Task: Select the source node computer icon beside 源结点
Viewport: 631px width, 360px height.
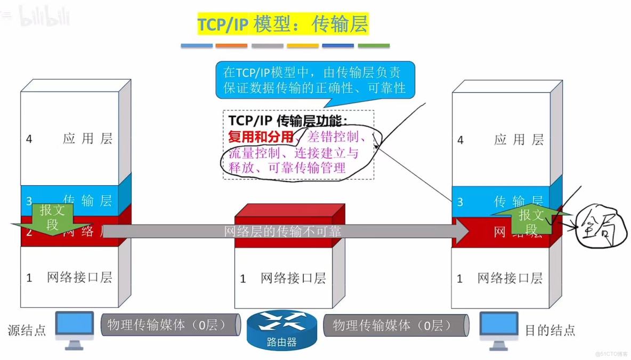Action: (x=75, y=329)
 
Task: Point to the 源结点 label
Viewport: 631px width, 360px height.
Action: (x=27, y=330)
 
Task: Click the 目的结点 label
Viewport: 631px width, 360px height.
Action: (x=550, y=330)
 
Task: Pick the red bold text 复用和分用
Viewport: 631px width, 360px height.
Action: (x=261, y=137)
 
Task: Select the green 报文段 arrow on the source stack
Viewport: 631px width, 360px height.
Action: (x=52, y=217)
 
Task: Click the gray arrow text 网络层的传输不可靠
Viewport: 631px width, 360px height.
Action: (x=282, y=231)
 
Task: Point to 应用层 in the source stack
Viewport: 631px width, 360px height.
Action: (x=87, y=139)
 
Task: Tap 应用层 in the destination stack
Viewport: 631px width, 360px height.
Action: (x=519, y=140)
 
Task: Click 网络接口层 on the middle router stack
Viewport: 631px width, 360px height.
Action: (x=293, y=278)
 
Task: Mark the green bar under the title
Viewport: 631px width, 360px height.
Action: (x=373, y=46)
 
